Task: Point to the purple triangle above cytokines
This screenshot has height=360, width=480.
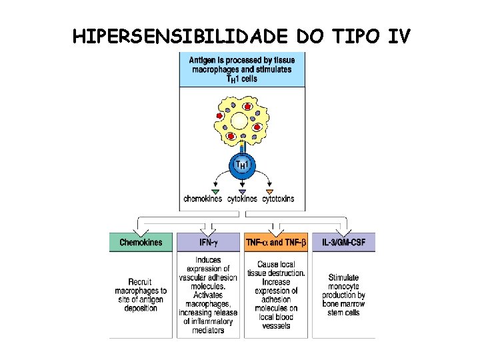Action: [242, 191]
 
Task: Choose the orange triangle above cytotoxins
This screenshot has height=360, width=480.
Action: [269, 191]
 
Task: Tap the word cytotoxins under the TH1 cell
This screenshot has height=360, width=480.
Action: [277, 199]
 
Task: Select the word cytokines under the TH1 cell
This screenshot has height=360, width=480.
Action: [241, 199]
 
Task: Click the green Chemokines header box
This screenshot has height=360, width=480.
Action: [142, 242]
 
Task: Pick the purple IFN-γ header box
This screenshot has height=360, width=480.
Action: [209, 242]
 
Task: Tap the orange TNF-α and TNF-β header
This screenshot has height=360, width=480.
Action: [275, 242]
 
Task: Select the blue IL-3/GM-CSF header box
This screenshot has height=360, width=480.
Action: [343, 242]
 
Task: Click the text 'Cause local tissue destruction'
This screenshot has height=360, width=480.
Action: [276, 269]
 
